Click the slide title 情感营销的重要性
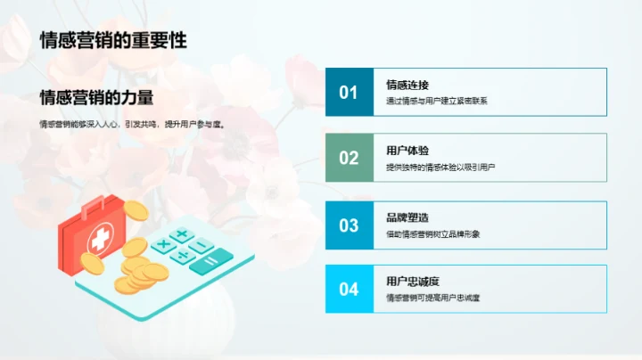click(x=113, y=40)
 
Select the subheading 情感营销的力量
click(x=97, y=97)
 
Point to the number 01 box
click(x=349, y=92)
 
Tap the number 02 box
click(x=349, y=158)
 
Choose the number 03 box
click(x=349, y=224)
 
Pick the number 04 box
click(x=349, y=289)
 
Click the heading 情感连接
click(x=407, y=86)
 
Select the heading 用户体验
click(x=407, y=151)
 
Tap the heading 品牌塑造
click(x=407, y=217)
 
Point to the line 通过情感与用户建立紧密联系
click(x=437, y=101)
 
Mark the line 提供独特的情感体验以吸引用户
click(x=440, y=167)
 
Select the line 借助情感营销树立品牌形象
click(x=433, y=233)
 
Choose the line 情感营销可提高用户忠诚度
click(x=433, y=298)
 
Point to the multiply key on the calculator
click(x=164, y=243)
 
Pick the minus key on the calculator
click(x=202, y=245)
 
